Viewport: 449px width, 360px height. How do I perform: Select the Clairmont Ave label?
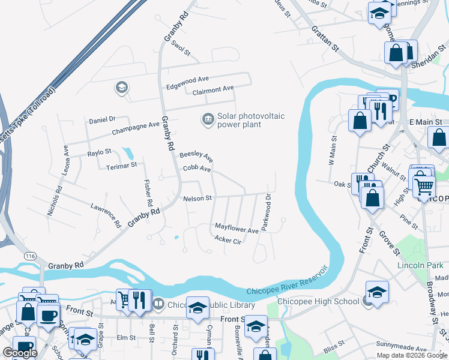(213, 89)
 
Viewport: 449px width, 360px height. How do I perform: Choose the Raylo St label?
(100, 152)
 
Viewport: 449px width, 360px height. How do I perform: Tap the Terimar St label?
(122, 164)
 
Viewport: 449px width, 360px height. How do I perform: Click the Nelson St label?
(197, 198)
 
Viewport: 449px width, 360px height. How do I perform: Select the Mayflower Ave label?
(237, 229)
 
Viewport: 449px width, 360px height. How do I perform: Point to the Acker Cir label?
(228, 241)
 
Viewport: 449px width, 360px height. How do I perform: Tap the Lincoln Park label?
(420, 265)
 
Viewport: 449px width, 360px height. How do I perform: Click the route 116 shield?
(29, 256)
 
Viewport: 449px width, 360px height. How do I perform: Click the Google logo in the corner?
(20, 353)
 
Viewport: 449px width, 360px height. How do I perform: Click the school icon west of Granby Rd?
(121, 88)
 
